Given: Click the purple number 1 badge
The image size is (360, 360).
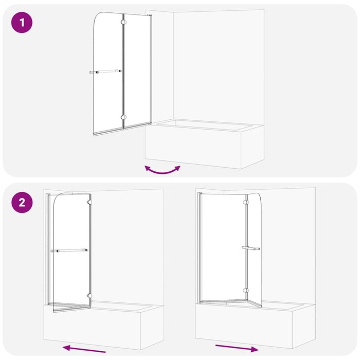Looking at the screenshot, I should (22, 24).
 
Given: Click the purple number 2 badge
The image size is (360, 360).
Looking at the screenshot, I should (22, 202).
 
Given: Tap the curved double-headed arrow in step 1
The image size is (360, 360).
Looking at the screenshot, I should (163, 170).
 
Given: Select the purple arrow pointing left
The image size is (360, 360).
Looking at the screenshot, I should (84, 349).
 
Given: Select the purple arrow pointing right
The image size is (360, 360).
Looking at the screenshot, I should (237, 348).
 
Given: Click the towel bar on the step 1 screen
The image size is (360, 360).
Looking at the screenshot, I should (105, 72).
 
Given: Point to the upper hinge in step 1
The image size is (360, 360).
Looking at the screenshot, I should (123, 22).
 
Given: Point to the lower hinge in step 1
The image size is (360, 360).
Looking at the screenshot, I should (123, 117).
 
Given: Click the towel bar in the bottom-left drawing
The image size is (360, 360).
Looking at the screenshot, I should (69, 250).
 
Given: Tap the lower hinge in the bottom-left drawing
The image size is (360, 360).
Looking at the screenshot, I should (90, 296).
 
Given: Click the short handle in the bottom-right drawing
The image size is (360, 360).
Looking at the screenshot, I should (250, 248).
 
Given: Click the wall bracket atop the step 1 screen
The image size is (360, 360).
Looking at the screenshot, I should (150, 15).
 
